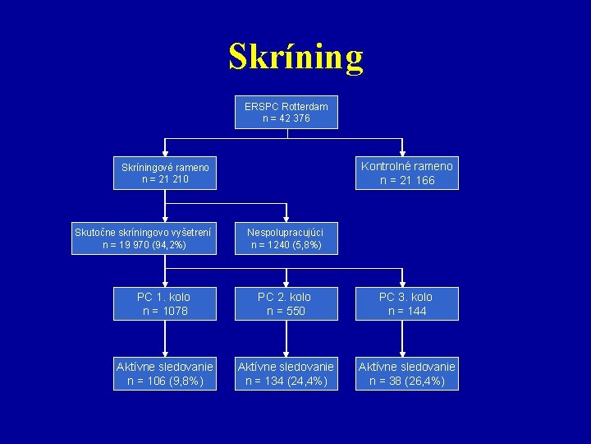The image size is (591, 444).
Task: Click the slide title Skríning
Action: point(295,57)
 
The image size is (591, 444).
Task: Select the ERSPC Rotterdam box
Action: point(286,113)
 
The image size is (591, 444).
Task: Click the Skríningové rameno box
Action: point(165,173)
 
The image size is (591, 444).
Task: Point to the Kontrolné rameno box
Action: point(407,173)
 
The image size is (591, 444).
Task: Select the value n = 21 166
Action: point(407,180)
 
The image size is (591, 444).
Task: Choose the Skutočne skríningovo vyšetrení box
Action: point(144,238)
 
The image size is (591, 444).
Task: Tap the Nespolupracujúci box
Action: point(286,238)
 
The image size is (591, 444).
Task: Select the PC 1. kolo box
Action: point(165,303)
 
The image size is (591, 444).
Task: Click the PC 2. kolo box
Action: point(286,303)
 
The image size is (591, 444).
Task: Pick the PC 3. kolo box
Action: point(405,303)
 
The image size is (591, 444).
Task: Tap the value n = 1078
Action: point(165,311)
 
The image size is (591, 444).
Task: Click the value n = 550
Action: point(286,311)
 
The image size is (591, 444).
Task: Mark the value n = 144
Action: point(405,311)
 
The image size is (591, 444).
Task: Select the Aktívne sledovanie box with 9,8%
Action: point(165,373)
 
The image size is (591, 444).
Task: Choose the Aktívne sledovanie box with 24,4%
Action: point(286,373)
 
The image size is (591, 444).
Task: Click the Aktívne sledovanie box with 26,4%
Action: point(406,373)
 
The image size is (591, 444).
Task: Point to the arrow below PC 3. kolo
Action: point(403,339)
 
